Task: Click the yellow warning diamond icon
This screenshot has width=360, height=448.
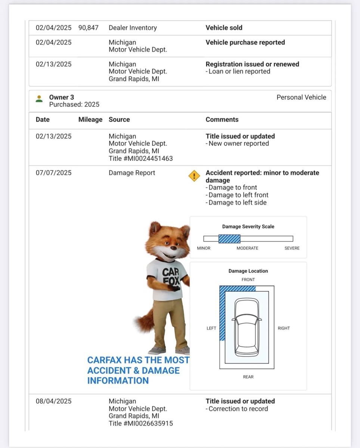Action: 194,176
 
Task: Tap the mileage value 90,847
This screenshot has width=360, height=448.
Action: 89,28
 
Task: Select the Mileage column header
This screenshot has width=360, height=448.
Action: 90,119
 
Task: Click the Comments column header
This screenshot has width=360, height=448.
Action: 222,119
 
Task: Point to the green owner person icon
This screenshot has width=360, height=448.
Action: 39,99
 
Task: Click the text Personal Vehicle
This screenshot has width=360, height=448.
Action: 301,97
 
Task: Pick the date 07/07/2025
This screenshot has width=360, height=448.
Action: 53,173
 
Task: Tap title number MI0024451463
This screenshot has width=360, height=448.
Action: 141,159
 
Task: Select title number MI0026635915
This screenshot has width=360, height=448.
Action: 141,423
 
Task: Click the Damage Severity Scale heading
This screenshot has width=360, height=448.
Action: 248,227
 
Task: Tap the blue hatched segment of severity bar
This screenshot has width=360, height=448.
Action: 229,239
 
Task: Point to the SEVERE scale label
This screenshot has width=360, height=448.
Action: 292,248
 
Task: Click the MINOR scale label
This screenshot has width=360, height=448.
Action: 204,248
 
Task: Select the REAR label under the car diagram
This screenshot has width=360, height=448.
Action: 248,377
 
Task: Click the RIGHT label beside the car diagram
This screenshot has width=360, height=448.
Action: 283,328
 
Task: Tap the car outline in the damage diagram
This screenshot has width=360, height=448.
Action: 246,327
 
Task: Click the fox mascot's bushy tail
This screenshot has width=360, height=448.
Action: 145,320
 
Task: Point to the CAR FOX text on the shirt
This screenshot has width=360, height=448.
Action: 171,277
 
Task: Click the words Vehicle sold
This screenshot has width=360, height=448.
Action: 224,28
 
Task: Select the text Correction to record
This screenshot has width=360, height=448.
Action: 238,409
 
